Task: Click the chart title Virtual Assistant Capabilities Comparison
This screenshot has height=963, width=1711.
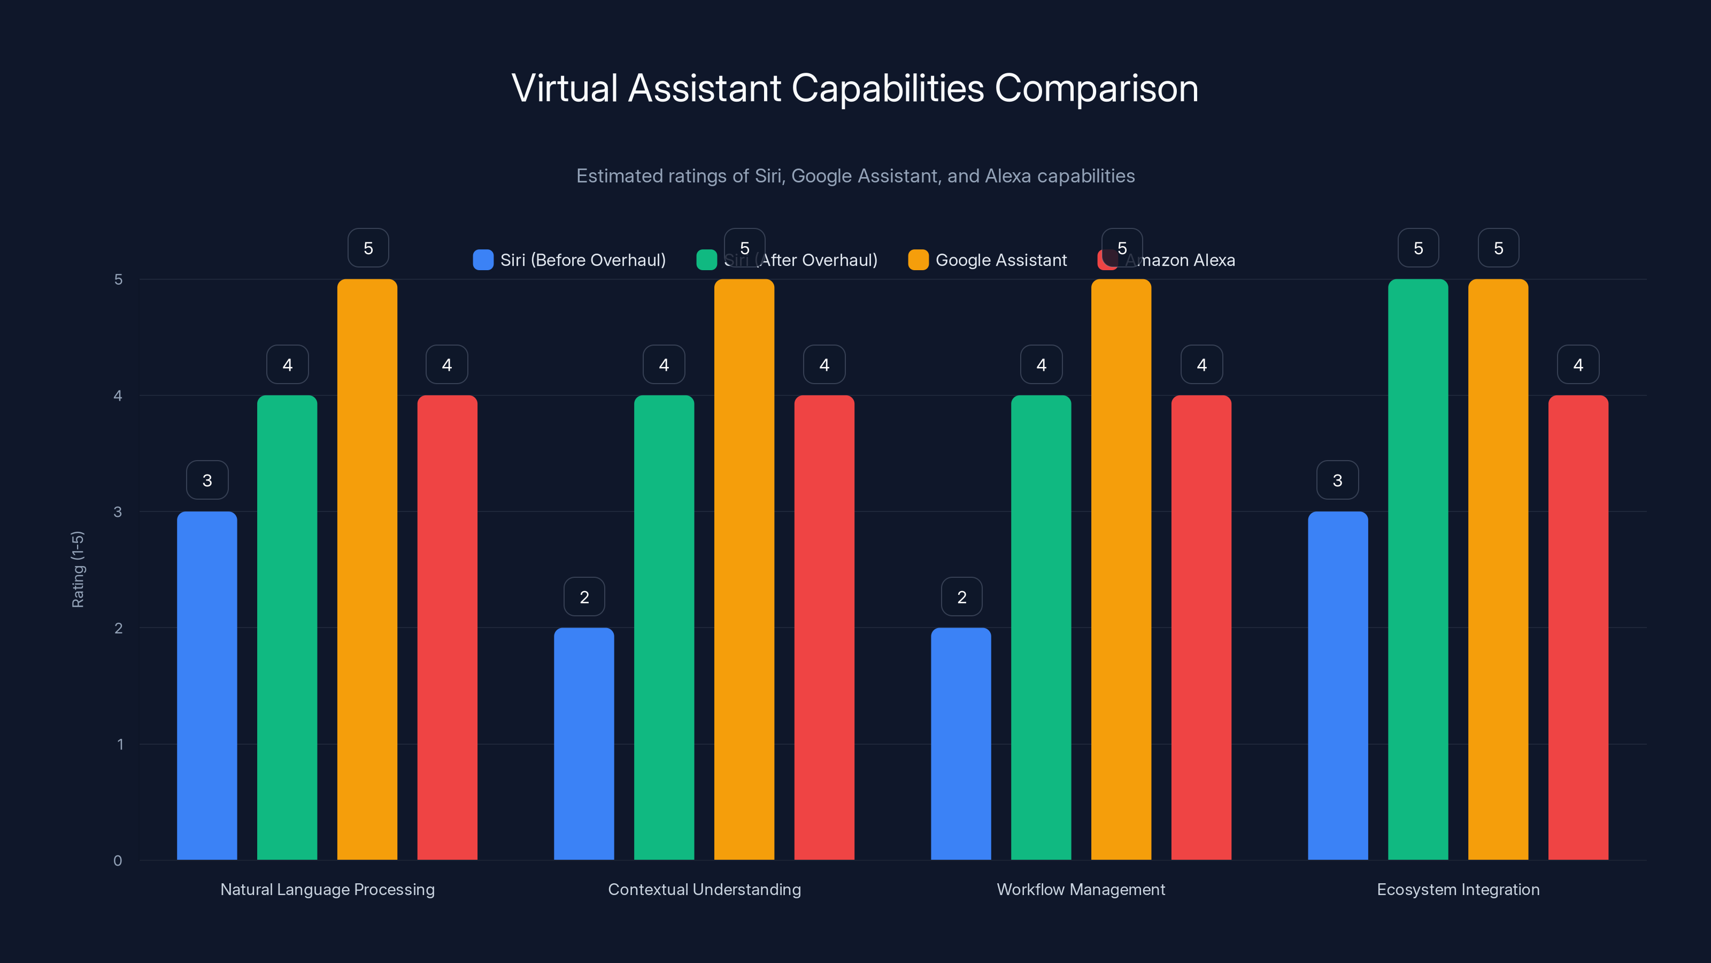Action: point(855,88)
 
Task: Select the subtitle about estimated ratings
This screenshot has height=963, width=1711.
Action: point(855,176)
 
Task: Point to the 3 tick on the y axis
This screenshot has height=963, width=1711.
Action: point(118,512)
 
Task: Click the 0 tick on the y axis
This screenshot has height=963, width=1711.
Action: point(118,861)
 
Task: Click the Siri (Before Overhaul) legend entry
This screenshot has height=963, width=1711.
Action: point(569,260)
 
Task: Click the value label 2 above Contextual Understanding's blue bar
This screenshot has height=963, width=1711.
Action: point(584,597)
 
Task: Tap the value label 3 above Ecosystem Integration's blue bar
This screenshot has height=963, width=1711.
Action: point(1337,480)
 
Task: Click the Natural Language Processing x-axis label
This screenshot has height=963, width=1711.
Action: point(327,889)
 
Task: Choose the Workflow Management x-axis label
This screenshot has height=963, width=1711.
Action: point(1081,889)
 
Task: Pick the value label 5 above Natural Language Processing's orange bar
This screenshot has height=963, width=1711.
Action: point(368,248)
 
